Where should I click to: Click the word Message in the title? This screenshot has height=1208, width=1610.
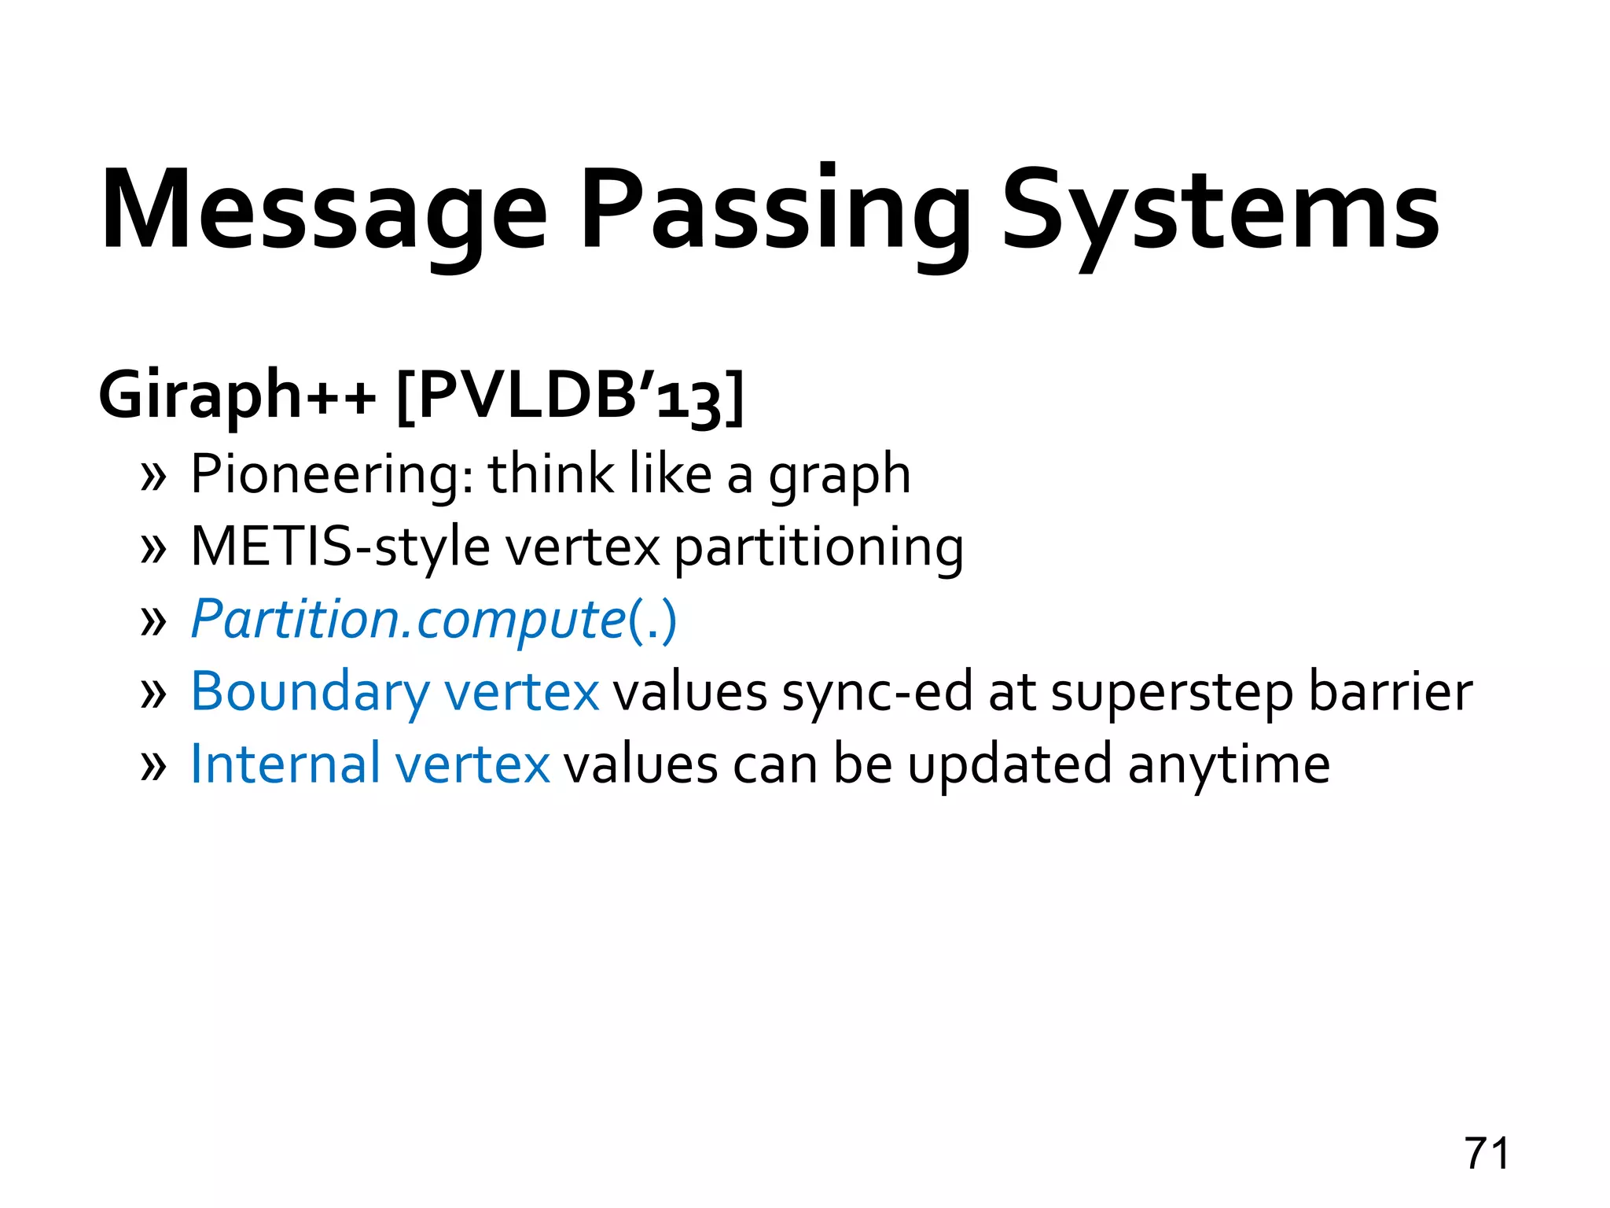[323, 211]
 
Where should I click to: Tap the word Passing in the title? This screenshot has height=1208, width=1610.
[774, 211]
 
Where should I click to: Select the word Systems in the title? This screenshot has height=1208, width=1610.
[1219, 211]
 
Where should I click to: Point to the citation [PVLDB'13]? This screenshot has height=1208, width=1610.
[570, 396]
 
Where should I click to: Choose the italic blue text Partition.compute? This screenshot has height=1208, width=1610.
[408, 620]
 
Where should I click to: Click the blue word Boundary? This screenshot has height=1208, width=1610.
[310, 693]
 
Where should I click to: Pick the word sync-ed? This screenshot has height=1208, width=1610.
[877, 693]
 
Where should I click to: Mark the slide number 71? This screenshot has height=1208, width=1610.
[1487, 1154]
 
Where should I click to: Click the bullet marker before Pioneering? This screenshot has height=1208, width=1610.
[153, 477]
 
